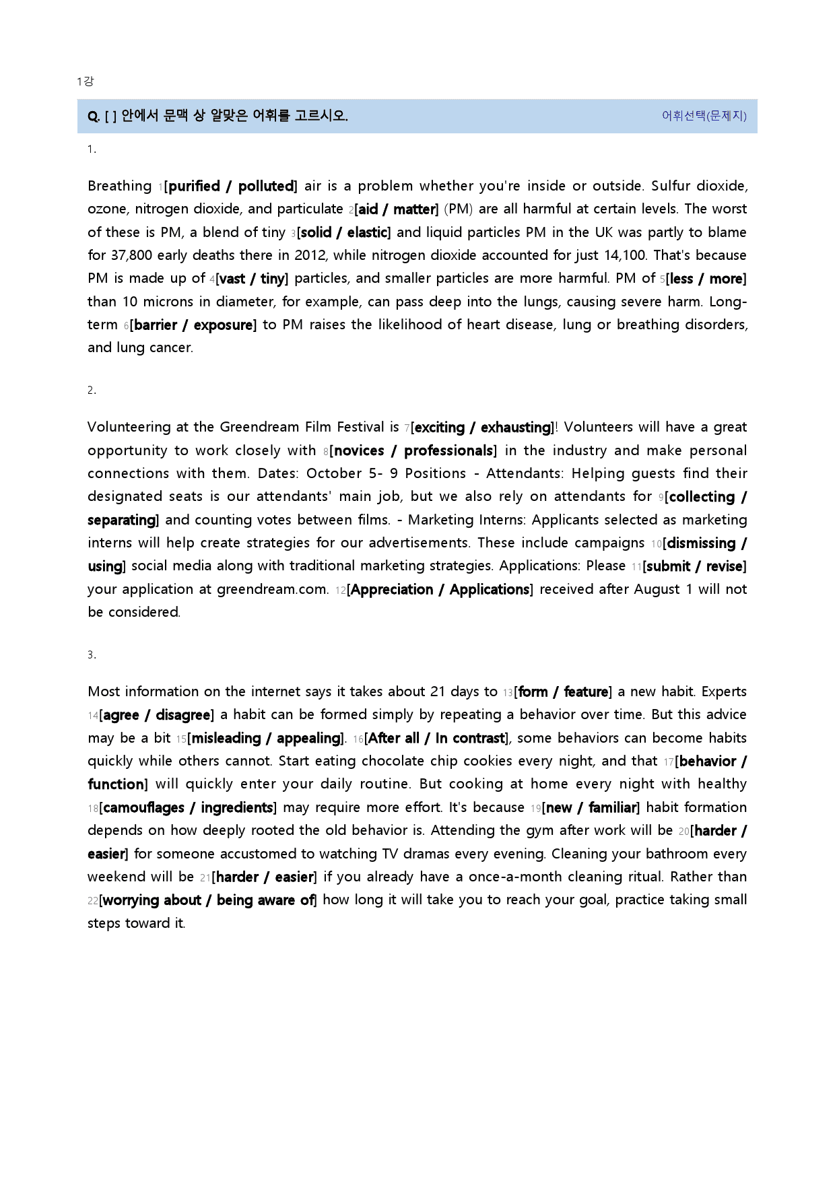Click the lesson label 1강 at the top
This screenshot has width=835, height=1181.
tap(85, 81)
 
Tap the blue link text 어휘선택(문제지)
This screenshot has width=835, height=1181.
tap(704, 116)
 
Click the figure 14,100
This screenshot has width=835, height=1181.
tap(624, 255)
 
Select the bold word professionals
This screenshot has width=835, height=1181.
tap(448, 451)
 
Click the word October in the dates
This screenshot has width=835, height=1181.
tap(334, 473)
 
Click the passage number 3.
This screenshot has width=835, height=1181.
tap(91, 654)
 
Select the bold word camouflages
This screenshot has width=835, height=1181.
tap(143, 808)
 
